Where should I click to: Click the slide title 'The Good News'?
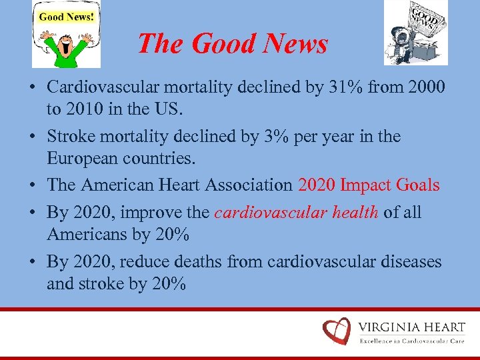(232, 44)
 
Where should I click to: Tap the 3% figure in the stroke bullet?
(285, 137)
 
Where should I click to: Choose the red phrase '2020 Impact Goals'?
(369, 185)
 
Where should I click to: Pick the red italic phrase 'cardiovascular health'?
(297, 212)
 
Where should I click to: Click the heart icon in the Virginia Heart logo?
(336, 331)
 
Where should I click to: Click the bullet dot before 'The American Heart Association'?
(33, 185)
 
